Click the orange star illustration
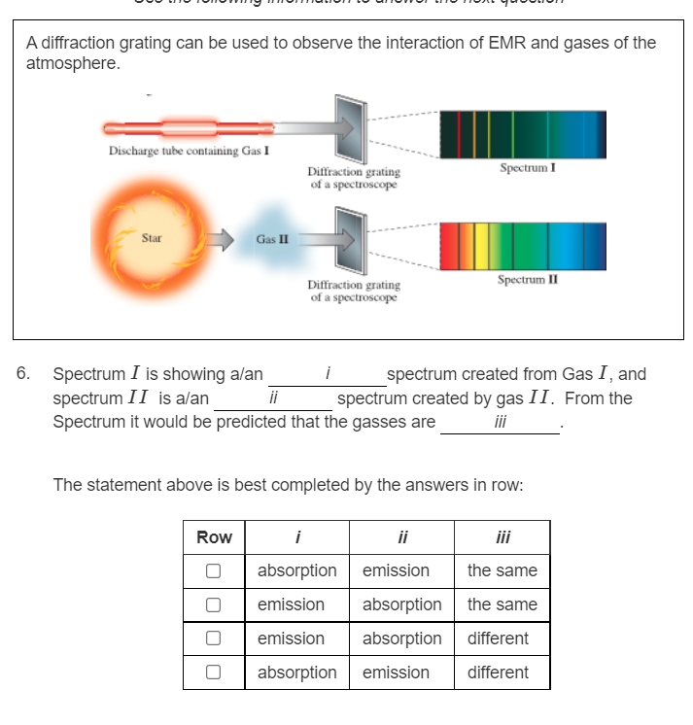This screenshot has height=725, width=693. pos(150,238)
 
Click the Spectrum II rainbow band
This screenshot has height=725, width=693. pos(522,246)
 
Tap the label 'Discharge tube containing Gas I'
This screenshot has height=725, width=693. pos(190,152)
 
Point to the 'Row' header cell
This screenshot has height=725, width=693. pos(214,537)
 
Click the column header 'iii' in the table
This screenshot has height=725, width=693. pos(502,537)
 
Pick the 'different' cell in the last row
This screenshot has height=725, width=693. pos(498,673)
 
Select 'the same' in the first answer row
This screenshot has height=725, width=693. pos(502,570)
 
